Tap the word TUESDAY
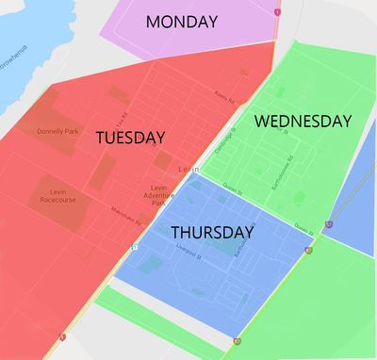point(131,138)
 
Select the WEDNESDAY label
point(303,122)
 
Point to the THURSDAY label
point(212,232)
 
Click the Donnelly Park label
point(57,131)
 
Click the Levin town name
point(189,169)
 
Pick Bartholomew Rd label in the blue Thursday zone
point(239,247)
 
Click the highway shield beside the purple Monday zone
point(277,12)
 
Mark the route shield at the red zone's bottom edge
point(61,336)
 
